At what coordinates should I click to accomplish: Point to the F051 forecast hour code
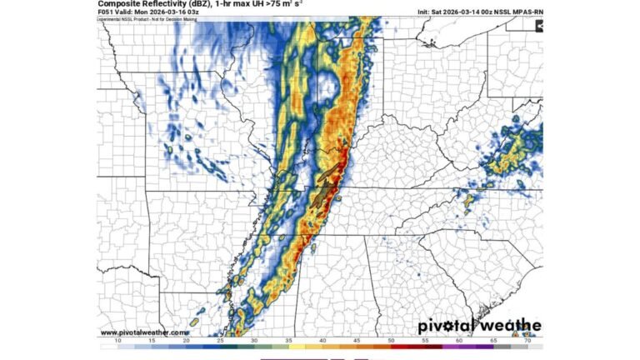[107, 12]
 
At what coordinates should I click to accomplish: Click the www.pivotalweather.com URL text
[142, 332]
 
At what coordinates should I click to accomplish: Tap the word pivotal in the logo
[445, 327]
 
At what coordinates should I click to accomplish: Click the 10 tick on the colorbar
[117, 342]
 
